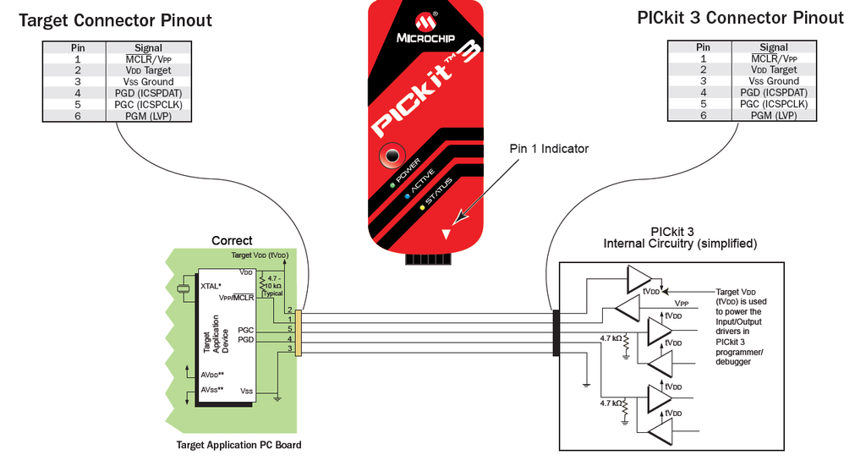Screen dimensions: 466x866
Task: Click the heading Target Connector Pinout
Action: [115, 19]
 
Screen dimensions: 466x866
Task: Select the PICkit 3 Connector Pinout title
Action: [740, 18]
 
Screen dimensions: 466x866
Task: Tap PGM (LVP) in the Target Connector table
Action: [148, 116]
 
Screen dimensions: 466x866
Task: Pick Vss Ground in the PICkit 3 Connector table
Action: [773, 81]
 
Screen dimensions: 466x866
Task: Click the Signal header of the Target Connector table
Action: [148, 48]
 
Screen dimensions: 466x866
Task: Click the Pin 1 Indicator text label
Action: [549, 148]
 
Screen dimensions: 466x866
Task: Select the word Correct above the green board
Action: [232, 241]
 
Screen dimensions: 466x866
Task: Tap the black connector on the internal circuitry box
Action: [556, 333]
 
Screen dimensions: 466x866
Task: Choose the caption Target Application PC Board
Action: [238, 445]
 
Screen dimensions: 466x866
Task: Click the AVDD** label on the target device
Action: [212, 375]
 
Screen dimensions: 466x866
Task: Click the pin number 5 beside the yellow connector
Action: [289, 328]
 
